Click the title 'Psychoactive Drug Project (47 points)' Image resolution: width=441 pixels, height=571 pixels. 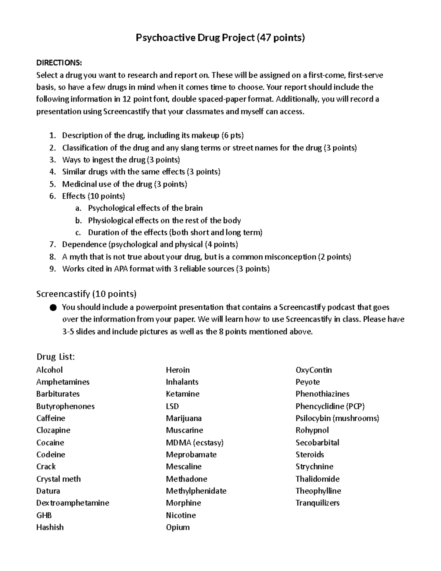coord(220,38)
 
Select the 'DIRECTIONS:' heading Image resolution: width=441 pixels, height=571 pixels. coord(59,63)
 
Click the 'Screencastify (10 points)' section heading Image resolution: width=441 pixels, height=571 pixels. coord(86,294)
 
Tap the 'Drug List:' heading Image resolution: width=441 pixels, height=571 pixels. coord(55,357)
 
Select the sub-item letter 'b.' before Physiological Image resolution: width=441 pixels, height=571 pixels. coord(78,221)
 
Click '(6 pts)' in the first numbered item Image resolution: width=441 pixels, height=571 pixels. coord(232,135)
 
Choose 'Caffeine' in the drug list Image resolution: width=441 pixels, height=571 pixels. coord(51,418)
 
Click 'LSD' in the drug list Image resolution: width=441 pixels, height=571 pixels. coord(172,406)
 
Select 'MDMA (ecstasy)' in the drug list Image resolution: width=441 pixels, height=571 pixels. coord(195,443)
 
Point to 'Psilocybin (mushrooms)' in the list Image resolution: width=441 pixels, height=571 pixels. coord(337,418)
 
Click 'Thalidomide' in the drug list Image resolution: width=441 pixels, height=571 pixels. coord(318,479)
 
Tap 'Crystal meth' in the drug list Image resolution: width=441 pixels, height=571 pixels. coord(58,479)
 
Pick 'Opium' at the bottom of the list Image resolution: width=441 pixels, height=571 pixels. coord(178,527)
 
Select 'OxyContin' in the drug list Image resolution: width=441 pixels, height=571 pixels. coord(313,370)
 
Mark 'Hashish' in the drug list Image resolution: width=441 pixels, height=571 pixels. coord(50,527)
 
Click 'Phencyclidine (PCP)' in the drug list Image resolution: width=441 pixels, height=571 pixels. coord(330,406)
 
